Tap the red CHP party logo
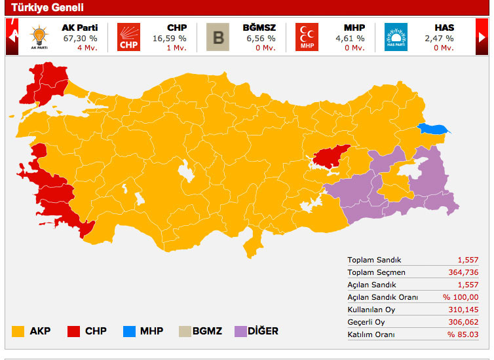click(128, 37)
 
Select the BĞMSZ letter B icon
click(218, 37)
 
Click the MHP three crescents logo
click(307, 37)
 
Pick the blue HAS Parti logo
click(396, 37)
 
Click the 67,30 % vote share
click(80, 39)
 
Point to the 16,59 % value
click(170, 39)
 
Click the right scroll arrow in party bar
click(482, 37)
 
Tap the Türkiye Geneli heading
click(47, 8)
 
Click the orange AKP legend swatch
click(18, 331)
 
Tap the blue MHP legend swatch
click(129, 331)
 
